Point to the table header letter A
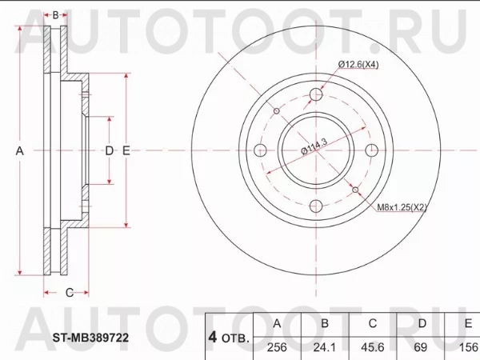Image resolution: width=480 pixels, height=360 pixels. click(276, 324)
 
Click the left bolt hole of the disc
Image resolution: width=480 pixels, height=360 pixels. click(260, 150)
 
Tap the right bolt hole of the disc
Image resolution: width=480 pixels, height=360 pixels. click(370, 150)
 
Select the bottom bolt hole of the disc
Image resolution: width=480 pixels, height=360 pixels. click(315, 205)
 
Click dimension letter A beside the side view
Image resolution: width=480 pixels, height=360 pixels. click(22, 150)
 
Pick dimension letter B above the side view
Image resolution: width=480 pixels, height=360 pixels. click(55, 14)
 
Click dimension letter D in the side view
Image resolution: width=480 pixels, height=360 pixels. click(110, 150)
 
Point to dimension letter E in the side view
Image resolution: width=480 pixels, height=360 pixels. click(126, 150)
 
